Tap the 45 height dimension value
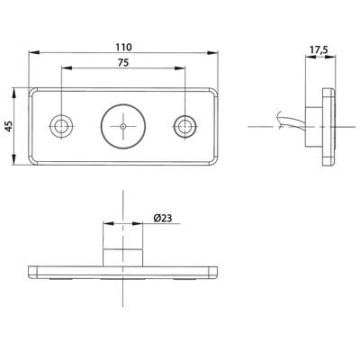click(x=9, y=127)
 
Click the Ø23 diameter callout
click(x=164, y=217)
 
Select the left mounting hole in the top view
click(x=62, y=125)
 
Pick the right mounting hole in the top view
click(x=184, y=125)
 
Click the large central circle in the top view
click(x=123, y=126)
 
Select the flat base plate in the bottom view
click(x=123, y=271)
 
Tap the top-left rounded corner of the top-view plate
click(x=33, y=91)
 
